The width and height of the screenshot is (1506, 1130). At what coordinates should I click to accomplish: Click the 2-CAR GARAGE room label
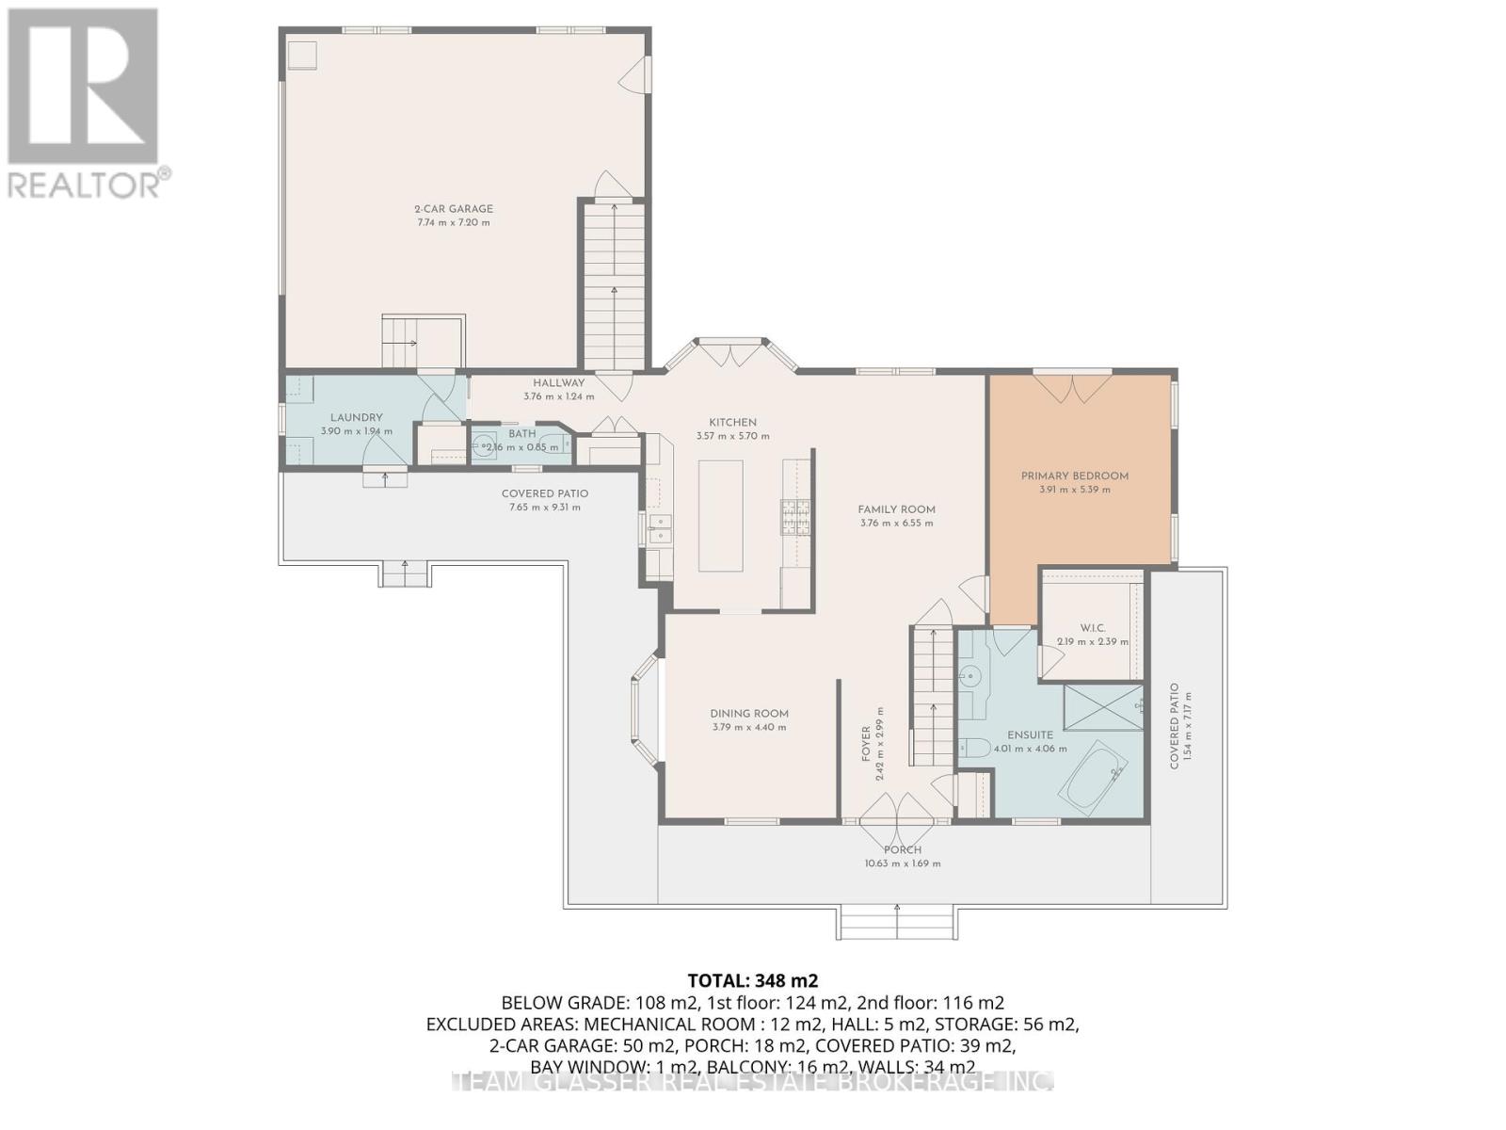454,209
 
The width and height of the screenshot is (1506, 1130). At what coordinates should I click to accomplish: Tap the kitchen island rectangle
720,515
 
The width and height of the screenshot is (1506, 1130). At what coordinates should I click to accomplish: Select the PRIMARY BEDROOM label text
1074,476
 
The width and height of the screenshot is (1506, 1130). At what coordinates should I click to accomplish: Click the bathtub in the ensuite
1093,779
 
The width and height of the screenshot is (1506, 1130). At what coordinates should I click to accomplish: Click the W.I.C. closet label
1092,628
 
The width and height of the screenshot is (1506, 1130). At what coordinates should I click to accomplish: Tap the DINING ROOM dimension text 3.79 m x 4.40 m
748,727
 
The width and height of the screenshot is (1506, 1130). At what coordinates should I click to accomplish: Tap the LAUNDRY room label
356,417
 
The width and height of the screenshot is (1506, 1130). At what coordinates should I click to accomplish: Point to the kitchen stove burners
793,517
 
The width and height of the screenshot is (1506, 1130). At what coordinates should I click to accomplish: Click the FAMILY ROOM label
896,509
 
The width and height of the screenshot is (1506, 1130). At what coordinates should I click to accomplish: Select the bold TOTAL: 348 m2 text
746,980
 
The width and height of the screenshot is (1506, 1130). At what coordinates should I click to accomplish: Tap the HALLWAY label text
558,383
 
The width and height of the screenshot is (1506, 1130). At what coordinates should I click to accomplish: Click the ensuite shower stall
1102,707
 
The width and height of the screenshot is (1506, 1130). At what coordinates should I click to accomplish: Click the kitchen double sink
659,528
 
